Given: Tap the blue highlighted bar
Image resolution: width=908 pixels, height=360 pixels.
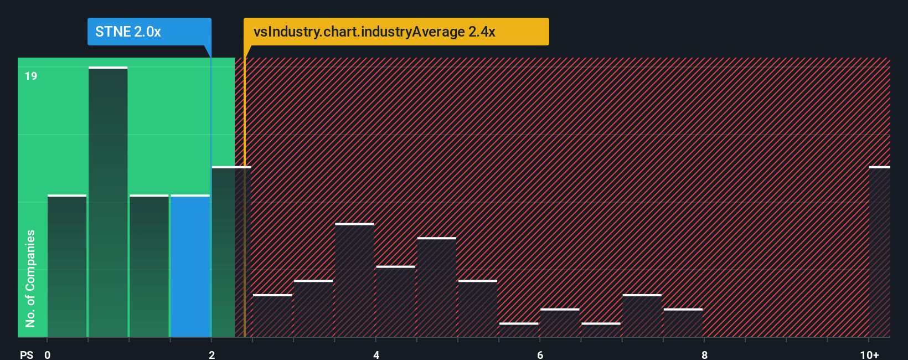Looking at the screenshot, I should (190, 266).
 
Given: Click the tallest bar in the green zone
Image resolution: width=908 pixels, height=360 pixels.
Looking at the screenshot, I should (108, 202).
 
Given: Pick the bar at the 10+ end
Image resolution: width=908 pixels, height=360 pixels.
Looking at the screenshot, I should (879, 252).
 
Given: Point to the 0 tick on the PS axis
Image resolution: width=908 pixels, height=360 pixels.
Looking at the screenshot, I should (48, 354).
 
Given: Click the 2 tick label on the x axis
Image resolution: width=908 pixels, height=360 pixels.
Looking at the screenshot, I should (211, 354).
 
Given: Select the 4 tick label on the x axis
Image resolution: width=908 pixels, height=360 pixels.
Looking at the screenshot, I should (376, 354).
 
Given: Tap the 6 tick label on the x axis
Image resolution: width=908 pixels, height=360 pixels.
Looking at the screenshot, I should (540, 354).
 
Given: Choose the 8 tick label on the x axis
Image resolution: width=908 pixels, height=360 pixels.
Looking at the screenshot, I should (704, 354).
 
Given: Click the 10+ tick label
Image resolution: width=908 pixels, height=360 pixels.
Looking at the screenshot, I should (869, 354).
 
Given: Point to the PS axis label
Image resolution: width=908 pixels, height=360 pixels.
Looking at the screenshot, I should (27, 354).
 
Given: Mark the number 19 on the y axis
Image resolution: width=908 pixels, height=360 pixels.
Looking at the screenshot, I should (31, 76).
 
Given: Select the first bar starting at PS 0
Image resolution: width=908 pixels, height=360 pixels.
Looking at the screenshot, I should (67, 266).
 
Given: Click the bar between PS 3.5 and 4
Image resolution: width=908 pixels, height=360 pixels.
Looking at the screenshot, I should (354, 280).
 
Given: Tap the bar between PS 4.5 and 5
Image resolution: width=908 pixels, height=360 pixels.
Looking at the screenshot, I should (437, 287).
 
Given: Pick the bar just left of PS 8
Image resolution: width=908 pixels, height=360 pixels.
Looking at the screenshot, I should (683, 323).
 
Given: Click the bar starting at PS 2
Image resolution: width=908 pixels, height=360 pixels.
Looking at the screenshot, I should (231, 252).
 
